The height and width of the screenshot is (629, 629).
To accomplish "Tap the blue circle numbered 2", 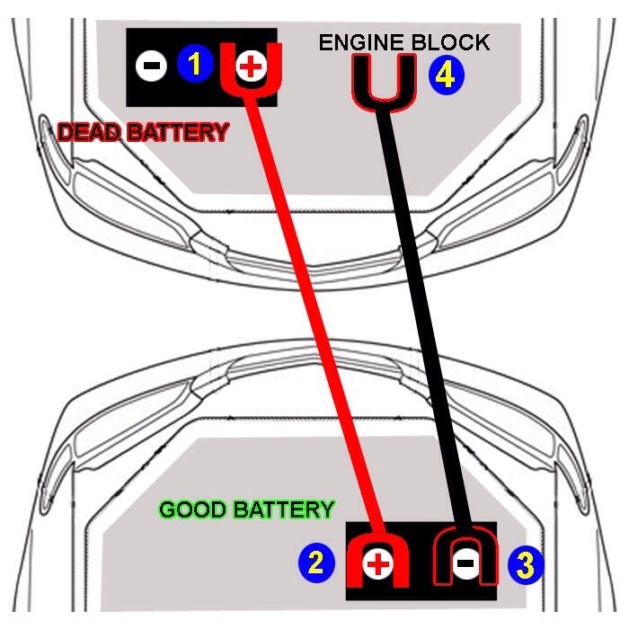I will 315,563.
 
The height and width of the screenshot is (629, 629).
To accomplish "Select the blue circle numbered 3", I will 526,564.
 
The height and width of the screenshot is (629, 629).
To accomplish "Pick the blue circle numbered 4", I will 446,75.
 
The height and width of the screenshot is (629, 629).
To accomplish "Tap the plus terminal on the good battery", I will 378,563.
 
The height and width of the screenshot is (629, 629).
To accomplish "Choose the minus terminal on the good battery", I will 465,563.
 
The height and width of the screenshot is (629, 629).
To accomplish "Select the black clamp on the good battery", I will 465,553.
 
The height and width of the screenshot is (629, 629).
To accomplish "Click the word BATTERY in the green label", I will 283,510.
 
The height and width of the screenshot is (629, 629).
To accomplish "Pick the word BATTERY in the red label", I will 177,133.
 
